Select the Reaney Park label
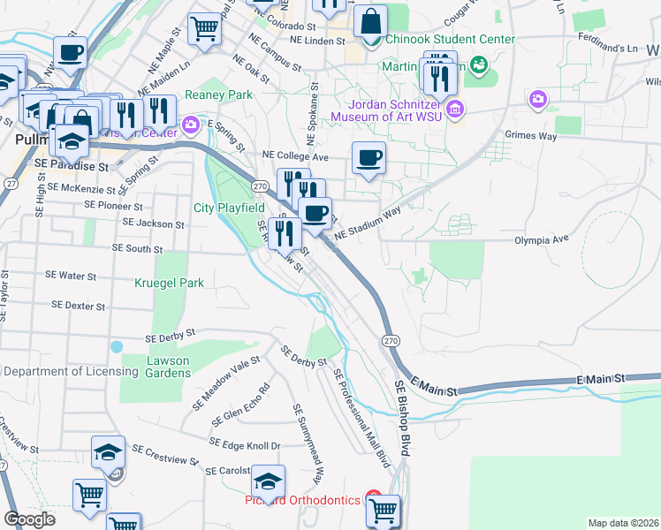[x=219, y=95]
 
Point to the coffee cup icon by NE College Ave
[x=368, y=158]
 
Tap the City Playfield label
[x=230, y=208]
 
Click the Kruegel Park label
[x=169, y=284]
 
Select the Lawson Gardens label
[x=156, y=366]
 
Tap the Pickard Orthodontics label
[x=302, y=501]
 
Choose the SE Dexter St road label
[x=79, y=306]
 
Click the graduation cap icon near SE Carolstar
[x=268, y=481]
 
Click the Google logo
[x=29, y=519]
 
